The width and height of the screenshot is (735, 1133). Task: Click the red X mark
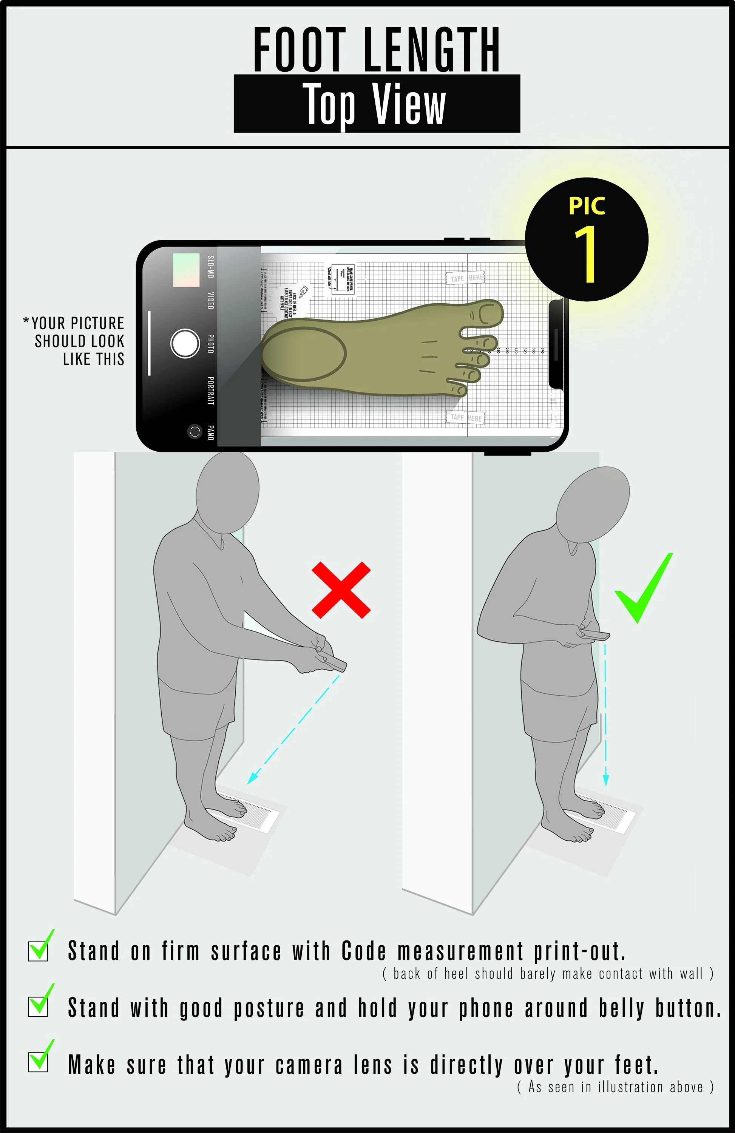pos(341,590)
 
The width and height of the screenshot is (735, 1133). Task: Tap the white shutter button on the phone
pos(185,343)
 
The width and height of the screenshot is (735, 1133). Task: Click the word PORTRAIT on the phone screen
pos(210,391)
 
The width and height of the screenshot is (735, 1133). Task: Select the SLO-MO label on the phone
pos(210,267)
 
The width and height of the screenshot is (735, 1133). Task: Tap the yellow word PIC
pos(587,206)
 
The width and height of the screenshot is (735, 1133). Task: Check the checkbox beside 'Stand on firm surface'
pos(38,951)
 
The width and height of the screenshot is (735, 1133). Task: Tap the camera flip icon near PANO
pos(194,432)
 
